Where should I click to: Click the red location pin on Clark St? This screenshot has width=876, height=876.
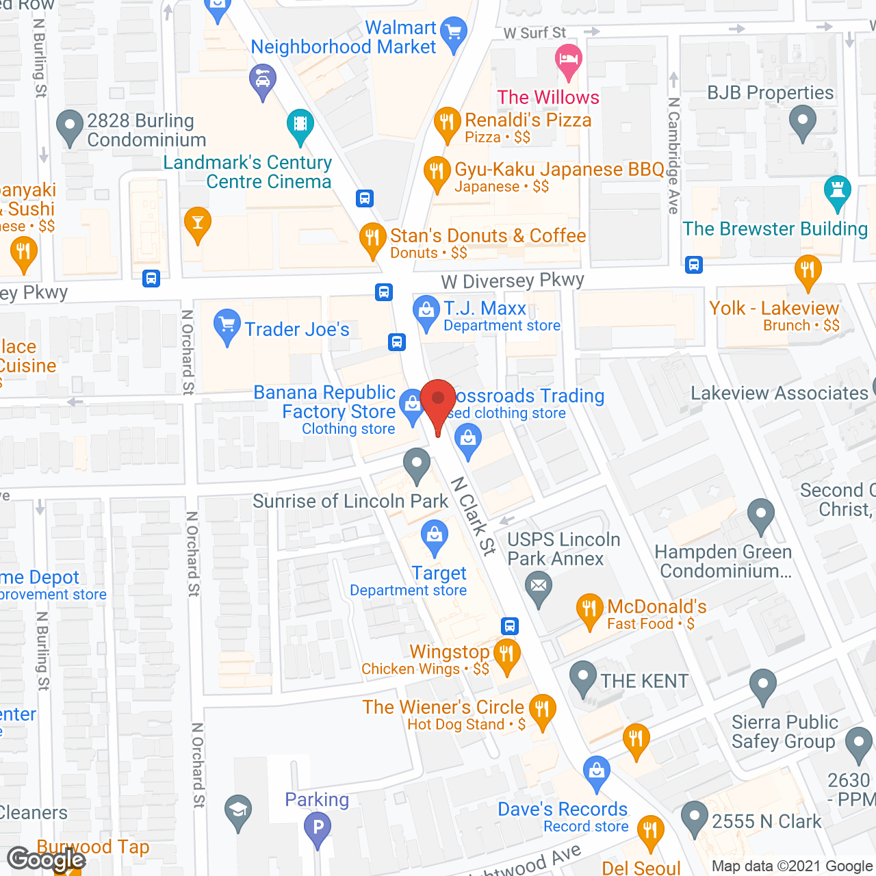pos(438,400)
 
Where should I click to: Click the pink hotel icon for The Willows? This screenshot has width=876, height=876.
pos(568,59)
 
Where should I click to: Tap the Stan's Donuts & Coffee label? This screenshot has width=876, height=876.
pos(488,236)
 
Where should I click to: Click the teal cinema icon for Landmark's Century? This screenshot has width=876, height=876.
pos(300,125)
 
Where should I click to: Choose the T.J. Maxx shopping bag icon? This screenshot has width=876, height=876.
pos(426,311)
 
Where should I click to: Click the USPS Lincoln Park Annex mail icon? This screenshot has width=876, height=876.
pos(539,587)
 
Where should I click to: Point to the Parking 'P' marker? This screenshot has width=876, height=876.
pos(318,827)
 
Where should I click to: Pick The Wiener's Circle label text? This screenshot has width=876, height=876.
pos(443,707)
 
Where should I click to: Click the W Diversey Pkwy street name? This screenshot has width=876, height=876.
pos(513,281)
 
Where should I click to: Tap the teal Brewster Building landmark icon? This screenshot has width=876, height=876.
pos(837,191)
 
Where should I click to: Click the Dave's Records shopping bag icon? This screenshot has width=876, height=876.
pos(597,771)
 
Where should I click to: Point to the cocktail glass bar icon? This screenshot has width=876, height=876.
pos(198,222)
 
